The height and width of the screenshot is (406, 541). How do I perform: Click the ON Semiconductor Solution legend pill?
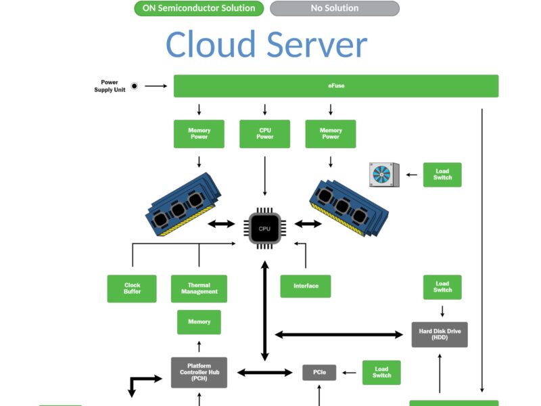199,9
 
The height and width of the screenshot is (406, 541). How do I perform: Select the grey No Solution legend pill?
334,9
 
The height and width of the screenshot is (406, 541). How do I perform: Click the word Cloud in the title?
211,45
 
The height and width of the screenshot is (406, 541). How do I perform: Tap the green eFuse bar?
336,86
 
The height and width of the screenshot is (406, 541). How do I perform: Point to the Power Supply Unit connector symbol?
134,86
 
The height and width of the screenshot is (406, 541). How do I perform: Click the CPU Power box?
265,133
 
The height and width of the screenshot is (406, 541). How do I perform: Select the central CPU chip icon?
264,229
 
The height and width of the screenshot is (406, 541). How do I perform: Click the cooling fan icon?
383,175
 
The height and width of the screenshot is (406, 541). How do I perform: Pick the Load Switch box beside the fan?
442,175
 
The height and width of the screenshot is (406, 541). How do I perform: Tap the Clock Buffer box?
132,288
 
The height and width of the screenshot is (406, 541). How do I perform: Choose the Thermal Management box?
199,288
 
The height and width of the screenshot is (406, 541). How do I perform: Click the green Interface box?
306,286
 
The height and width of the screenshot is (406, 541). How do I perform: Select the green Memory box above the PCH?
199,322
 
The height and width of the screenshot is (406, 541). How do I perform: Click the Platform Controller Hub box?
199,372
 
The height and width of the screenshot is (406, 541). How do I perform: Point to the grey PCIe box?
319,372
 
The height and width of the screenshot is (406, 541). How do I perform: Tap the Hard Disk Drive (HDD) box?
440,334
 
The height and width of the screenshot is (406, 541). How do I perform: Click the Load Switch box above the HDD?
442,287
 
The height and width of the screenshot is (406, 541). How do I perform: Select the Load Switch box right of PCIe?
381,373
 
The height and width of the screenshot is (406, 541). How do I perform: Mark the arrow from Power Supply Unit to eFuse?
156,86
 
